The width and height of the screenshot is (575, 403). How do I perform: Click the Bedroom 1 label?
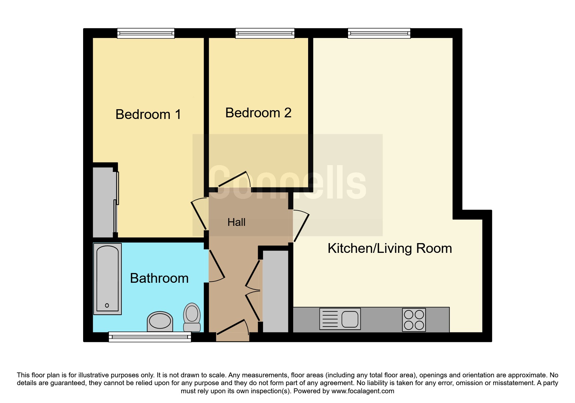pos(148,114)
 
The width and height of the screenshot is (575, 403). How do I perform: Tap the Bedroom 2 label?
pos(258,113)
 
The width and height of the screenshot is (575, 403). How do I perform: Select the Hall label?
pos(236,222)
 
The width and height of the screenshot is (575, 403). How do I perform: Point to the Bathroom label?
pos(159,278)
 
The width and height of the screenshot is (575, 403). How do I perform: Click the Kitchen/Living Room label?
pos(390,248)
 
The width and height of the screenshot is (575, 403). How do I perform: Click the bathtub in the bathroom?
pos(107,279)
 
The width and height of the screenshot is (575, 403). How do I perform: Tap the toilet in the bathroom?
pos(192,317)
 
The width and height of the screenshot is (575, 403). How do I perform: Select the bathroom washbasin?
pos(160,321)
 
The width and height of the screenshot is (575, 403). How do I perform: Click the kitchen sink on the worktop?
pos(340,319)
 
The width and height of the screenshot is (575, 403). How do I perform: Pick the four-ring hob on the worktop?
pos(414,320)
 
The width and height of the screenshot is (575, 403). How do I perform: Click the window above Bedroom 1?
pos(146,33)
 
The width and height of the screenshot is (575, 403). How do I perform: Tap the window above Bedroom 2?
pos(265,33)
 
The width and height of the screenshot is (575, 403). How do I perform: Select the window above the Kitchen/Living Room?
pos(379,33)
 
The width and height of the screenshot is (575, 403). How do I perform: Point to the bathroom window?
pos(150,337)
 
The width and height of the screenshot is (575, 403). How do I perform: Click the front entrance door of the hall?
pos(232,327)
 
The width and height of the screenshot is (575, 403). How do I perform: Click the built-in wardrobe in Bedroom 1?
pos(104,202)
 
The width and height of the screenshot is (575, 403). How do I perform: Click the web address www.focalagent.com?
pos(363,391)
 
